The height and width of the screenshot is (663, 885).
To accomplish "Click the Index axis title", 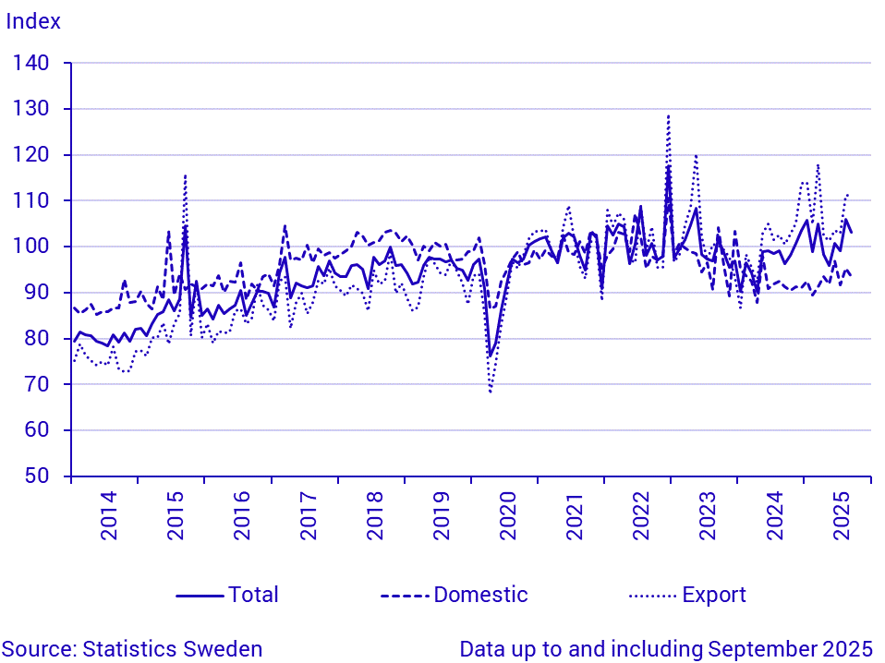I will click(x=33, y=21).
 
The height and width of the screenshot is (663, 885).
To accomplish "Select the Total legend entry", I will click(x=253, y=595).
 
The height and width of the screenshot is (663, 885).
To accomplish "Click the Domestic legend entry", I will click(x=480, y=595).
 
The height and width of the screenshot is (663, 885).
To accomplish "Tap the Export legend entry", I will click(x=714, y=595).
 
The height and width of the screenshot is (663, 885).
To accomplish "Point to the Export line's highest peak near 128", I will click(x=668, y=116).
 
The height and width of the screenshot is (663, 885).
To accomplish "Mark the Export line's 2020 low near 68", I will click(x=491, y=392).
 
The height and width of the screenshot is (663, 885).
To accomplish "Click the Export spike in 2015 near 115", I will click(x=185, y=175).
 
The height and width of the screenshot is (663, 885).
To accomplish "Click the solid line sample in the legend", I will click(x=200, y=595).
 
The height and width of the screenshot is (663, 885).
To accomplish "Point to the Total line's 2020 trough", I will click(x=491, y=356).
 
